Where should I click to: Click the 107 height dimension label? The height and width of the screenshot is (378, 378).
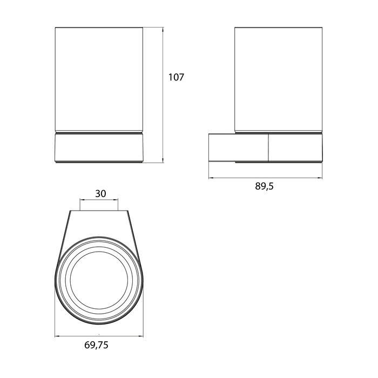click(x=176, y=77)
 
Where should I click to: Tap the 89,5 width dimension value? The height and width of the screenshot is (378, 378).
click(x=265, y=186)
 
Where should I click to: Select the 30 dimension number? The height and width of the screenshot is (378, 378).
click(x=100, y=193)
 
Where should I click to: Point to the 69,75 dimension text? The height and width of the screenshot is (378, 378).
click(x=96, y=345)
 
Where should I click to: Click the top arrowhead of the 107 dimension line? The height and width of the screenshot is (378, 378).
click(x=163, y=29)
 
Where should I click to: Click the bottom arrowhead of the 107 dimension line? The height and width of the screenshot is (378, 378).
click(x=163, y=160)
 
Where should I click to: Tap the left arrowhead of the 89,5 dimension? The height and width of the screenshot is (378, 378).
click(x=211, y=178)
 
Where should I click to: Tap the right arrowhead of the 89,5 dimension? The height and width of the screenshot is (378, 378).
click(x=320, y=178)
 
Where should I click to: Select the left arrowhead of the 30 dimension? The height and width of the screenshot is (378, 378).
click(x=82, y=200)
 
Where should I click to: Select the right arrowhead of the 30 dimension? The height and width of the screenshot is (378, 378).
click(x=116, y=200)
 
